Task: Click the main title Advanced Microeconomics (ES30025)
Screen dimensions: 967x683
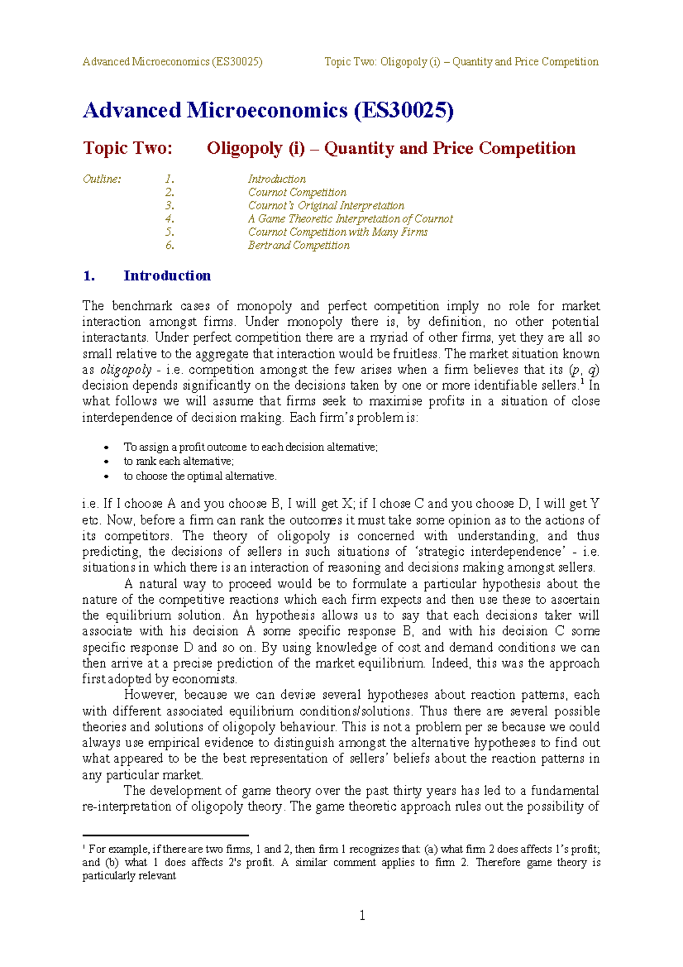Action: coord(268,110)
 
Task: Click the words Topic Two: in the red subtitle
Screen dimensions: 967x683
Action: coord(127,149)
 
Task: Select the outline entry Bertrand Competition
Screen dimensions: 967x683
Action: coord(298,245)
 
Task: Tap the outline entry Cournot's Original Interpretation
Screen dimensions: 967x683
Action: coord(326,206)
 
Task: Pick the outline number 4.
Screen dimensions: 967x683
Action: coord(170,219)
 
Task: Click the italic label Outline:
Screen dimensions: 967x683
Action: coord(102,179)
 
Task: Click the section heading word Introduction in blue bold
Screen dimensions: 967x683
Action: coord(167,276)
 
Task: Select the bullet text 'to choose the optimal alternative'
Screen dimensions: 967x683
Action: coord(200,476)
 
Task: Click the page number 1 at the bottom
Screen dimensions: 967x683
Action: coord(362,915)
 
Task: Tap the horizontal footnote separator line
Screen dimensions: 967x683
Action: coord(165,835)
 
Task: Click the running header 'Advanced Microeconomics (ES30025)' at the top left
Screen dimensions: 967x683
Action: coord(172,62)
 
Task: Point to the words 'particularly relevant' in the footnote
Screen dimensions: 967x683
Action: coord(129,876)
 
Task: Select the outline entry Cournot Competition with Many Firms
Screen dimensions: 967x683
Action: coord(338,232)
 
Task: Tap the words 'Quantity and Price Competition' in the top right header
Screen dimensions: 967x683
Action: coord(525,62)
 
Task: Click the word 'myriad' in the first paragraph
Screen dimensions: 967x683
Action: coord(390,338)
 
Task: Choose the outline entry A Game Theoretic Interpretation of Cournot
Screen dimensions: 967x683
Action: coord(350,219)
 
